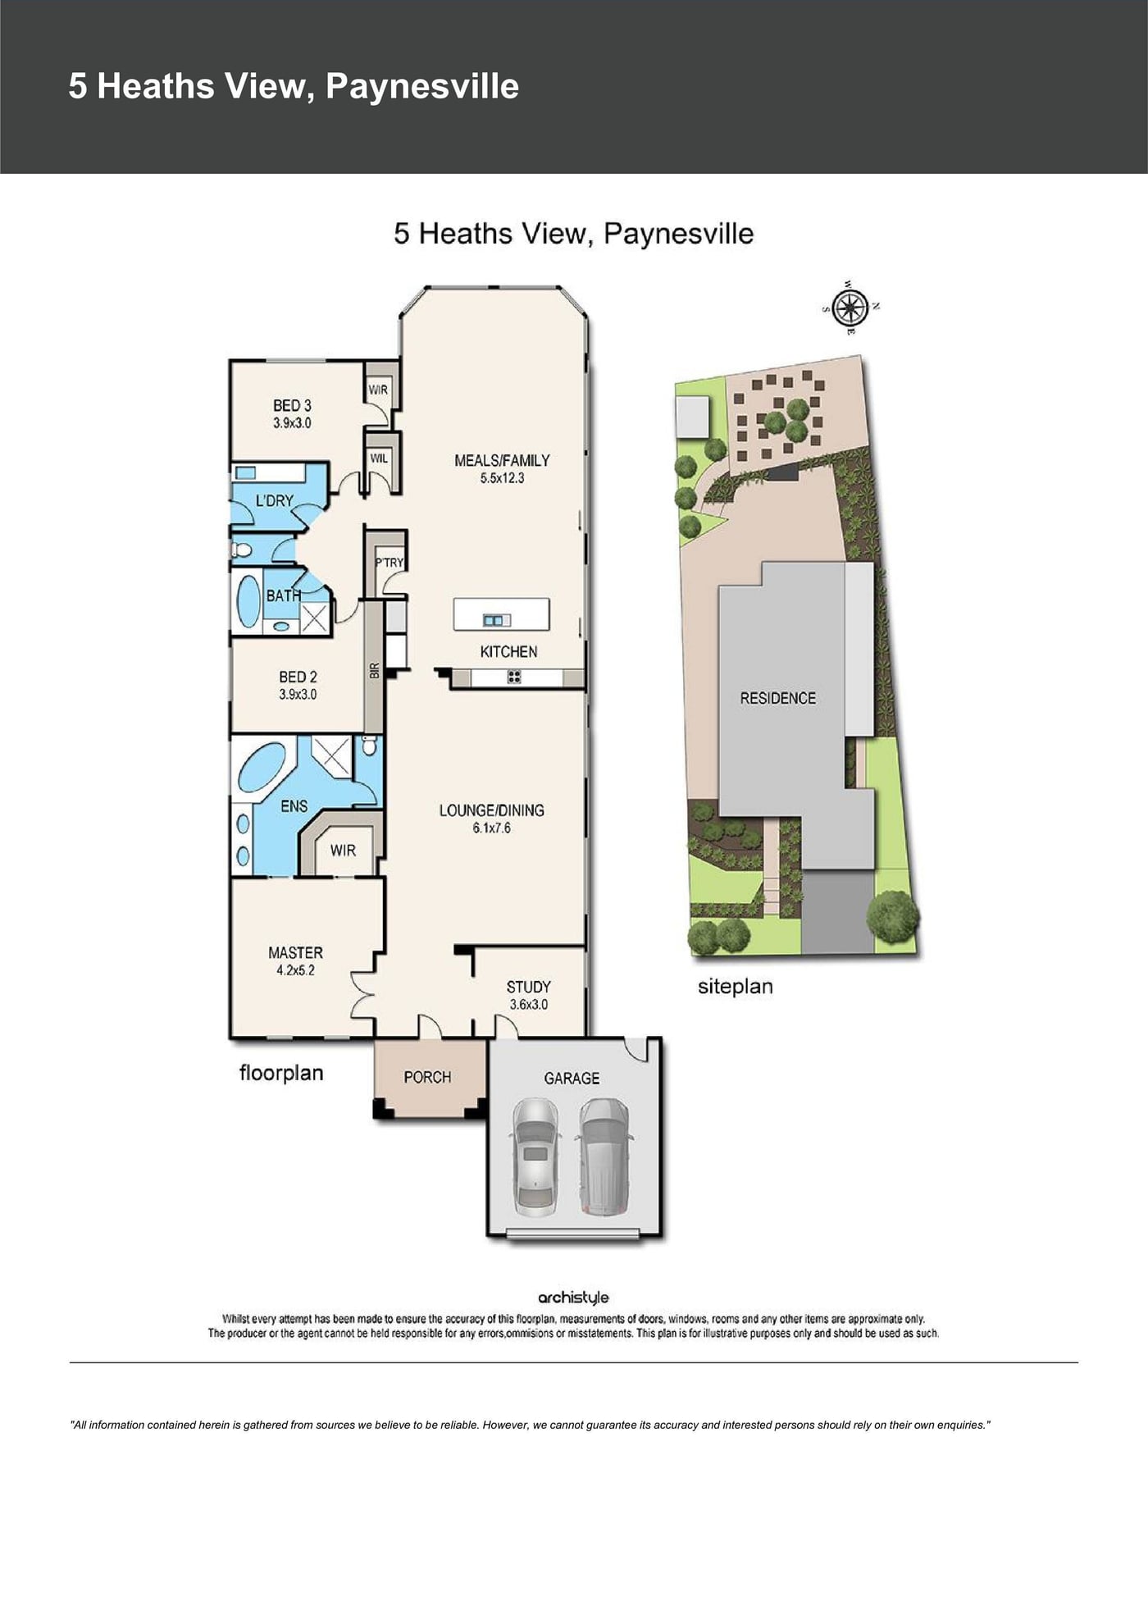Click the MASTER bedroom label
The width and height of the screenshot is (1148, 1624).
point(295,952)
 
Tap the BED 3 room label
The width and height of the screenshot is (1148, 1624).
point(292,405)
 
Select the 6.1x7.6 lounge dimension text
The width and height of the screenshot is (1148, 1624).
point(491,828)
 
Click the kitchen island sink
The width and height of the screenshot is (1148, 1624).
point(496,620)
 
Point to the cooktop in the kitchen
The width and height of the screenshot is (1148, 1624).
point(514,677)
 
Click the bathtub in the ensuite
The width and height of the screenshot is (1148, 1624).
point(262,767)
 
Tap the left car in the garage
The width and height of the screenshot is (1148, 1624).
point(535,1156)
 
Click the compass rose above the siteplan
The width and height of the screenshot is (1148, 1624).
point(851,308)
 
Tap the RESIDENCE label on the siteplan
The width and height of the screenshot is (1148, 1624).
point(778,698)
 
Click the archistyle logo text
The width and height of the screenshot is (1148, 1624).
point(573,1298)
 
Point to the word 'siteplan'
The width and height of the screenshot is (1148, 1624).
point(736,987)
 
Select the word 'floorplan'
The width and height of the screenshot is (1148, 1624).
point(281,1073)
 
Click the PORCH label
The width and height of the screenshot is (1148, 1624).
point(427,1077)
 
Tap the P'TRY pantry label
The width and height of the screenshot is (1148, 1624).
point(389,563)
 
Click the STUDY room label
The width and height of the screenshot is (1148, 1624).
point(528,987)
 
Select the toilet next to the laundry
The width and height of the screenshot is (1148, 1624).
point(242,550)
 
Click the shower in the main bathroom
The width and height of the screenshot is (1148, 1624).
point(315,618)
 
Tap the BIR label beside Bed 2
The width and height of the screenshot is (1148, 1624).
point(375,670)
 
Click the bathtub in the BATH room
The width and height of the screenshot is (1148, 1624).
point(248,601)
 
